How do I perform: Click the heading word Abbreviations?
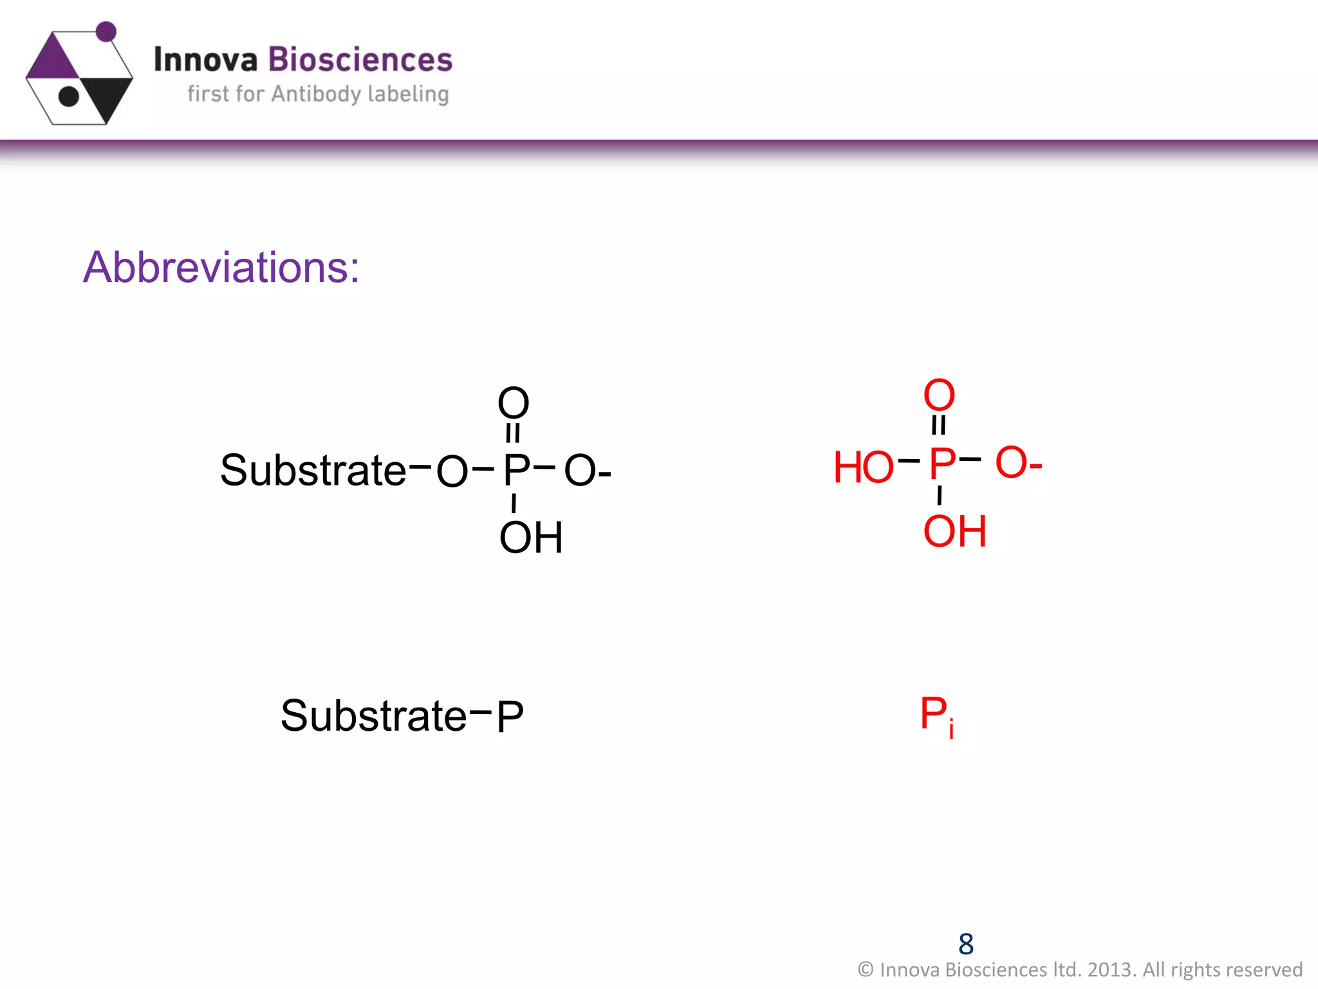tap(220, 267)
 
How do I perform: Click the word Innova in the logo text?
tap(205, 60)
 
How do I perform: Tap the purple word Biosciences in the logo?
tap(360, 60)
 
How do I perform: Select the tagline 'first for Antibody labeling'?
tap(318, 94)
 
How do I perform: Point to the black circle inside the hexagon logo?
tap(68, 97)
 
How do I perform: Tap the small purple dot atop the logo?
tap(106, 31)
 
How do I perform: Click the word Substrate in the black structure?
tap(313, 470)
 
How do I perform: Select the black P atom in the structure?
tap(516, 470)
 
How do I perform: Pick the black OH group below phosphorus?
tap(531, 538)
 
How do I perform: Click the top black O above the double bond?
tap(513, 403)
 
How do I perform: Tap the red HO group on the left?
tap(863, 467)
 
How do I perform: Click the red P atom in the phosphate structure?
tap(942, 464)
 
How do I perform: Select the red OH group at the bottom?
tap(954, 531)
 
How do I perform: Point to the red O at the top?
tap(939, 395)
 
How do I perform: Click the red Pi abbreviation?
tap(936, 716)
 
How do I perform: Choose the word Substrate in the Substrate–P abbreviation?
tap(373, 716)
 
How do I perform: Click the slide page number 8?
tap(966, 944)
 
